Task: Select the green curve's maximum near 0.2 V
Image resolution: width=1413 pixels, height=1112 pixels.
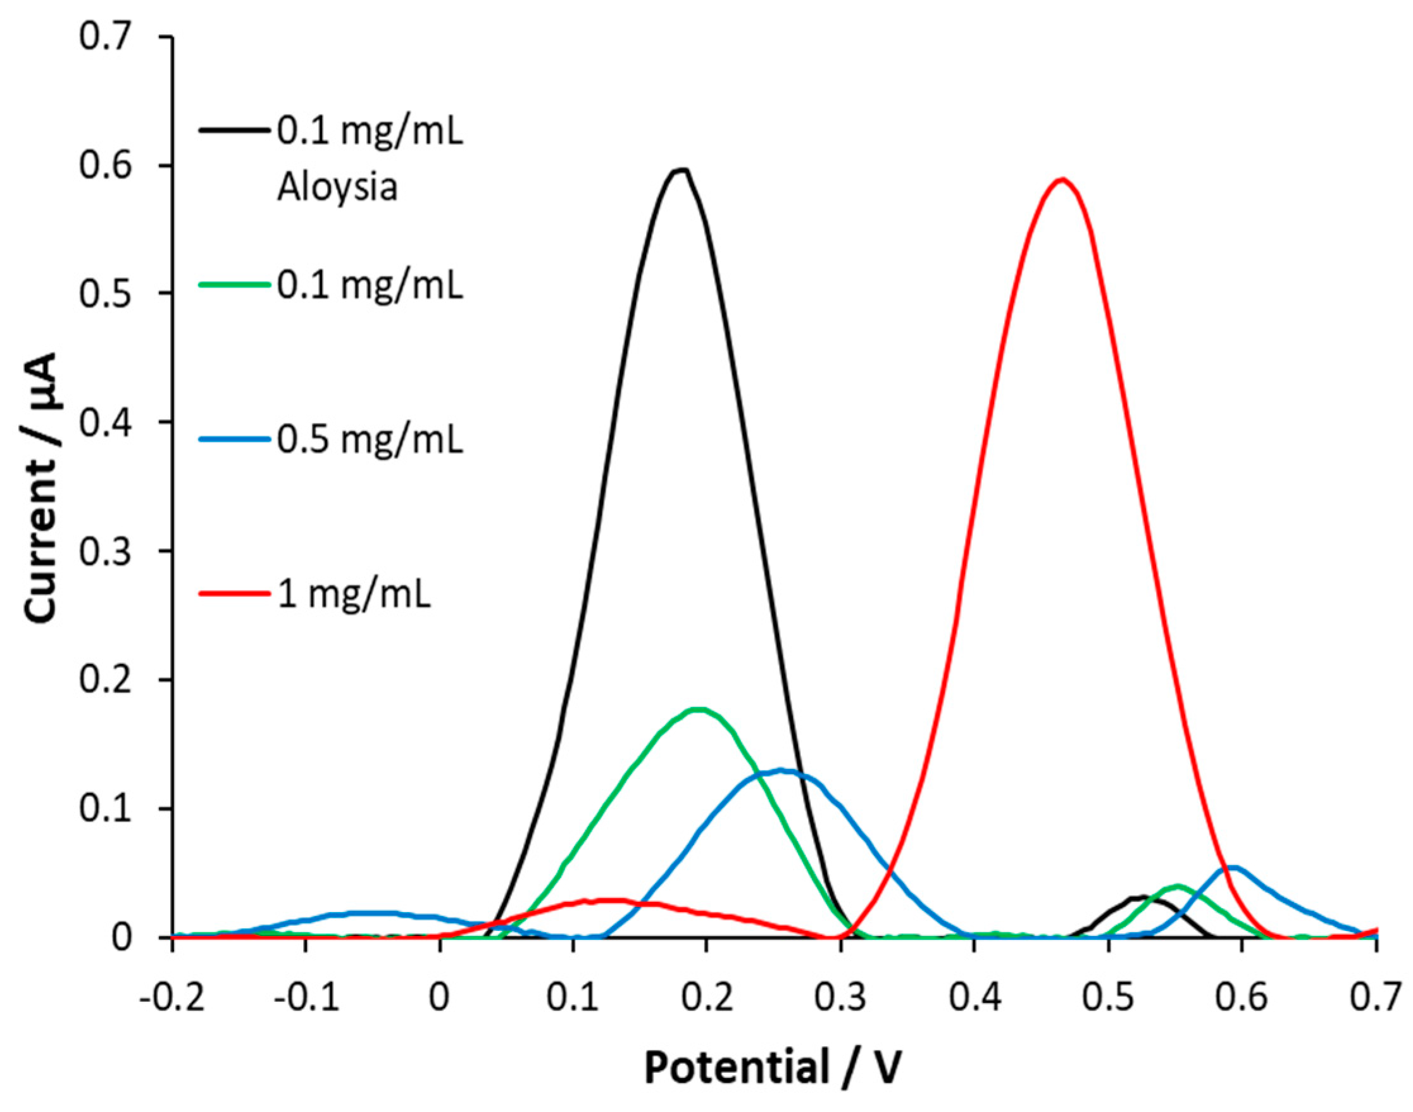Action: [x=698, y=709]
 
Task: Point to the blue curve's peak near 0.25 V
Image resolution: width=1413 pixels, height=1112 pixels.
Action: [x=783, y=771]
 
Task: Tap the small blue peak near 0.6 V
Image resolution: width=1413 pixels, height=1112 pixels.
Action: [x=1232, y=868]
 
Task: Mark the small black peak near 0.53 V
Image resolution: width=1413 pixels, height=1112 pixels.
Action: [x=1143, y=898]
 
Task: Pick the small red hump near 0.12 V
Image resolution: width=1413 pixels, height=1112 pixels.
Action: [x=609, y=901]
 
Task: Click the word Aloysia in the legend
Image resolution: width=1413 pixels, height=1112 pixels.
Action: [x=337, y=188]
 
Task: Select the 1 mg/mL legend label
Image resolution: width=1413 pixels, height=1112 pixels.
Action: [x=354, y=594]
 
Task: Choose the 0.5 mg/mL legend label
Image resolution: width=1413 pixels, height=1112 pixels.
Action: [x=370, y=439]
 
